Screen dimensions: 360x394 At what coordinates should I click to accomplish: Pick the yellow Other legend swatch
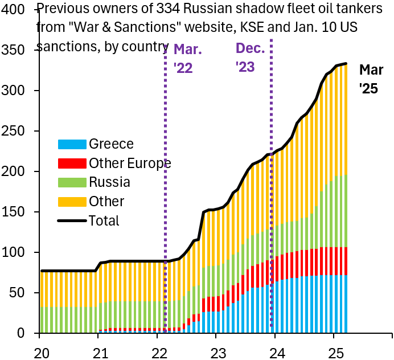[72, 202]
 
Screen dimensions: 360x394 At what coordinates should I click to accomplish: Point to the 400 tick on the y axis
[16, 10]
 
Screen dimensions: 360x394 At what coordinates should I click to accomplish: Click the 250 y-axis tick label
[16, 131]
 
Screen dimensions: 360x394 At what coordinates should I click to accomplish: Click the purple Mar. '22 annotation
[188, 59]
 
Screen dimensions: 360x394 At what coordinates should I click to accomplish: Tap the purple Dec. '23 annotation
[251, 58]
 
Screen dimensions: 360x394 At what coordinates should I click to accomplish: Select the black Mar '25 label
[371, 79]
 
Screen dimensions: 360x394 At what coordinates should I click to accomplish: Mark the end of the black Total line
[346, 64]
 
